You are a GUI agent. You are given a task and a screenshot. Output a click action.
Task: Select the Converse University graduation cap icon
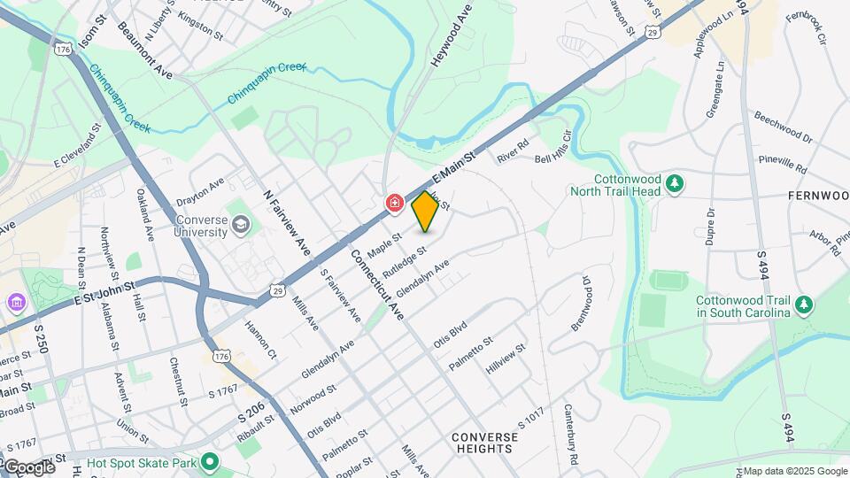(240, 226)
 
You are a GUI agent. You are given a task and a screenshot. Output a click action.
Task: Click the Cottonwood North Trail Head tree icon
(675, 183)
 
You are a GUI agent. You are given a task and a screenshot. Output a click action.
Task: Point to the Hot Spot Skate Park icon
(210, 461)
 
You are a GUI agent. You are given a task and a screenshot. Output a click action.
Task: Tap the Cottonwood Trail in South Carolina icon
(804, 305)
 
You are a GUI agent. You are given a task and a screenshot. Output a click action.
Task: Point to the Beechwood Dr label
(783, 127)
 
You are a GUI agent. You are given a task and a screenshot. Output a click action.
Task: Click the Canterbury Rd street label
(571, 436)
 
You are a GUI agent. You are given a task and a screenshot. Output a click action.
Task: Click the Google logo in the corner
(28, 466)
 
